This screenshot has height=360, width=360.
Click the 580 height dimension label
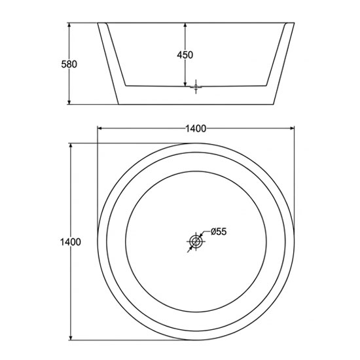69,64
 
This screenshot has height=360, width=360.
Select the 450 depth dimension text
185,55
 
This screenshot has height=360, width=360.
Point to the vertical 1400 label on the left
71,242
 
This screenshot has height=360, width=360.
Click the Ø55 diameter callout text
219,232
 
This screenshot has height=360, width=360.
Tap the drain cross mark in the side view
196,85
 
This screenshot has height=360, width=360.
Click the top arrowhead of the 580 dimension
69,26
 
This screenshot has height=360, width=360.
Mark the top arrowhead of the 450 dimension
185,26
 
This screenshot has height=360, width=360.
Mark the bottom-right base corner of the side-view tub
274,105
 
